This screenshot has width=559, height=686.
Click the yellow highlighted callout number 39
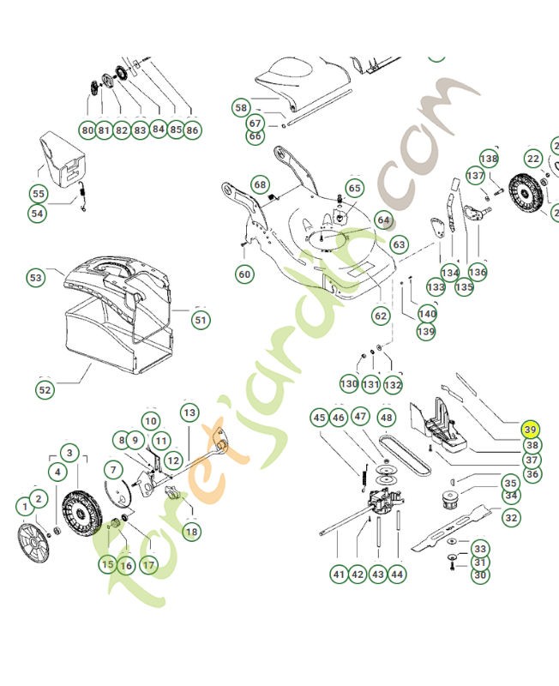pyautogui.click(x=530, y=430)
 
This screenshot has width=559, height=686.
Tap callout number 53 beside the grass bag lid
pyautogui.click(x=35, y=277)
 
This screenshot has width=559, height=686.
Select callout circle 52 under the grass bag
pyautogui.click(x=45, y=390)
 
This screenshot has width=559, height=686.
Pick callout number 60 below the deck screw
pyautogui.click(x=244, y=274)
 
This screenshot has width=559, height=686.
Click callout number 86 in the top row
pyautogui.click(x=192, y=130)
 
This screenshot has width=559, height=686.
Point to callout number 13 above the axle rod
pyautogui.click(x=189, y=412)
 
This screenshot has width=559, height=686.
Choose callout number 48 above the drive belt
pyautogui.click(x=386, y=418)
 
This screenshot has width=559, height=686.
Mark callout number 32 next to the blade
pyautogui.click(x=511, y=518)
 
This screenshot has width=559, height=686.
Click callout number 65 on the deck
pyautogui.click(x=354, y=188)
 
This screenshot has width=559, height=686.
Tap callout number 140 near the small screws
pyautogui.click(x=427, y=314)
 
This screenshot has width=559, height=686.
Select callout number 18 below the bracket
pyautogui.click(x=191, y=532)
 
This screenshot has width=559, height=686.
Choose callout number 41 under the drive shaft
pyautogui.click(x=339, y=574)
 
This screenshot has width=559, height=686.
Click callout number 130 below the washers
pyautogui.click(x=349, y=383)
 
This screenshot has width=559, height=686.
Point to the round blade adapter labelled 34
pyautogui.click(x=449, y=501)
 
